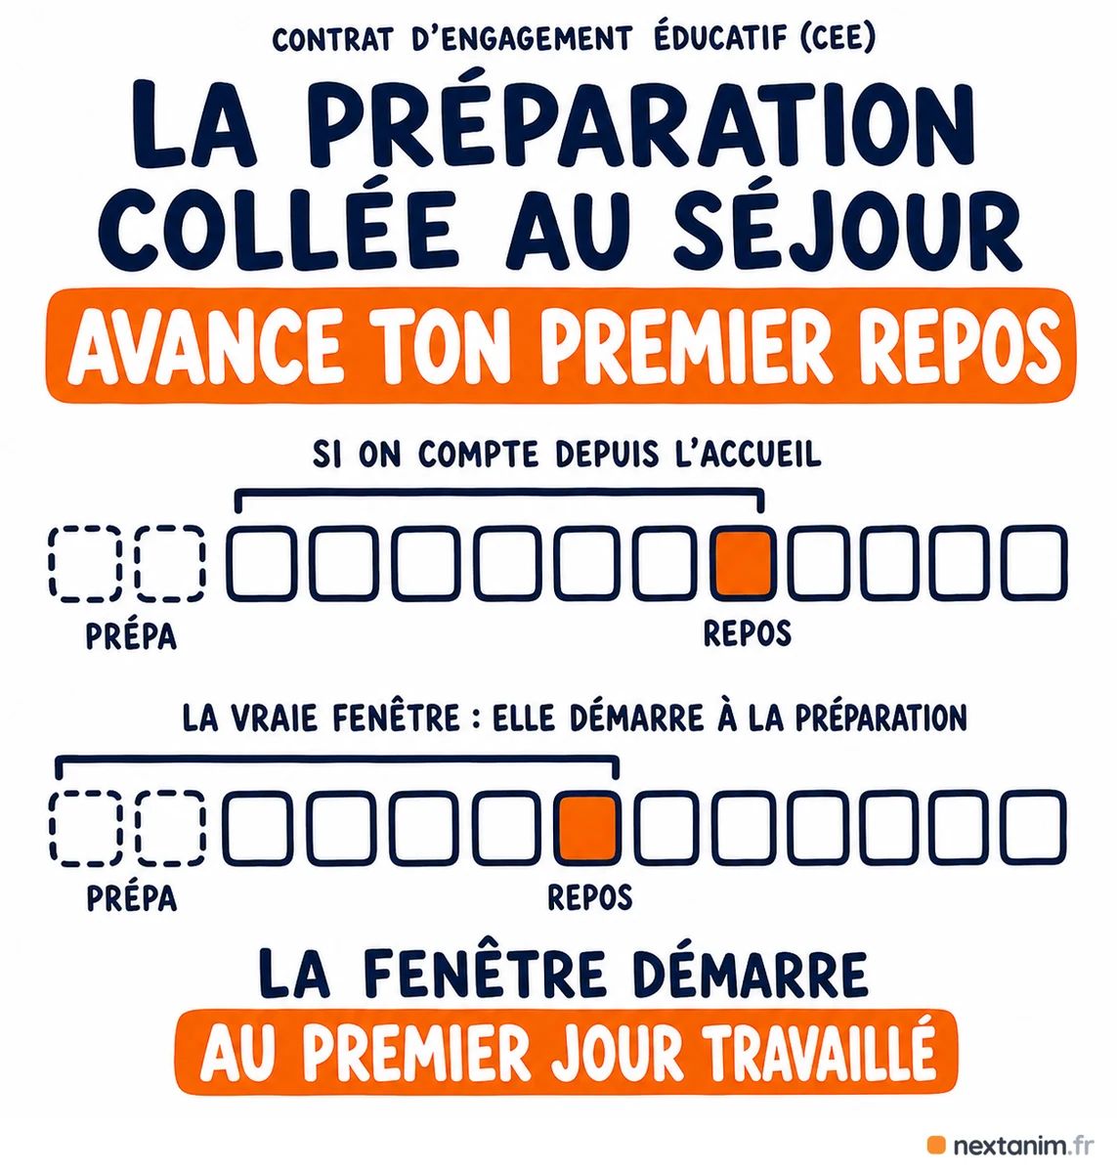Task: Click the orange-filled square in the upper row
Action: (744, 563)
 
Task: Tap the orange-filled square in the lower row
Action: (587, 828)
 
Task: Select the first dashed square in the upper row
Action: (85, 563)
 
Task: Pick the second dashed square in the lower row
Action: (171, 828)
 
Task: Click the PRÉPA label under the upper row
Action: (131, 636)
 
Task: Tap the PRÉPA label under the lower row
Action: (131, 898)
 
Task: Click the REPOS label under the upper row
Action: (747, 633)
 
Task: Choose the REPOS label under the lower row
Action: (589, 896)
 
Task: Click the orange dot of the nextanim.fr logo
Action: (936, 1145)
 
